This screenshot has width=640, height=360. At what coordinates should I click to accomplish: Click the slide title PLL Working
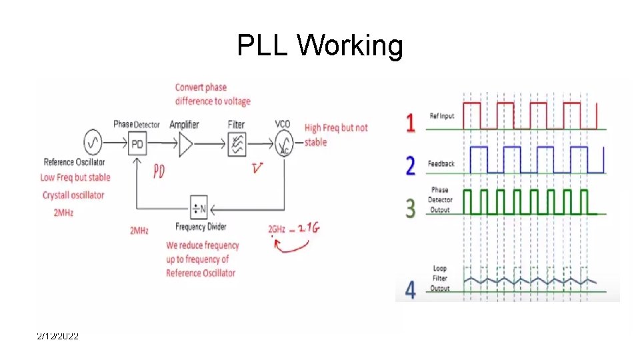click(320, 46)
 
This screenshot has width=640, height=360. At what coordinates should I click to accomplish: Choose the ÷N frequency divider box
click(199, 207)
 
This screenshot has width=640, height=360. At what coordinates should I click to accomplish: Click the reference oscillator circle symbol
click(93, 142)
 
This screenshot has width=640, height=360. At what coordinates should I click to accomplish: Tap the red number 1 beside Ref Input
click(411, 123)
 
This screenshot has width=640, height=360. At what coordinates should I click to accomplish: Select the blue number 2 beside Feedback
click(411, 165)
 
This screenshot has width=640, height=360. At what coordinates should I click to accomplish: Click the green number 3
click(411, 207)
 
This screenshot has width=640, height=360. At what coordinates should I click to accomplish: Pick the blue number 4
click(411, 291)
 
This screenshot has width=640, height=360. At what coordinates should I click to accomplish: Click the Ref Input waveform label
click(441, 116)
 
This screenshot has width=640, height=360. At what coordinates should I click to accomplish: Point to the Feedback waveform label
click(441, 163)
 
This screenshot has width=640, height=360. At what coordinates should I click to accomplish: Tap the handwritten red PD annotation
click(158, 171)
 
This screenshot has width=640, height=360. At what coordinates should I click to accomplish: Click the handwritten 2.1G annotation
click(309, 228)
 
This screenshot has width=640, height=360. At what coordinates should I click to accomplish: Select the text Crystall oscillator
click(73, 195)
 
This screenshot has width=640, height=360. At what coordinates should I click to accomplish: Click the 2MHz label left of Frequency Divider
click(139, 231)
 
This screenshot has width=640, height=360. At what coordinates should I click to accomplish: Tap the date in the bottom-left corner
click(57, 337)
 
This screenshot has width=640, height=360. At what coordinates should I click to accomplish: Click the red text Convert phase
click(201, 87)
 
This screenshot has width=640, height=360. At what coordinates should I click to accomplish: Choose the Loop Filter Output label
click(439, 279)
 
